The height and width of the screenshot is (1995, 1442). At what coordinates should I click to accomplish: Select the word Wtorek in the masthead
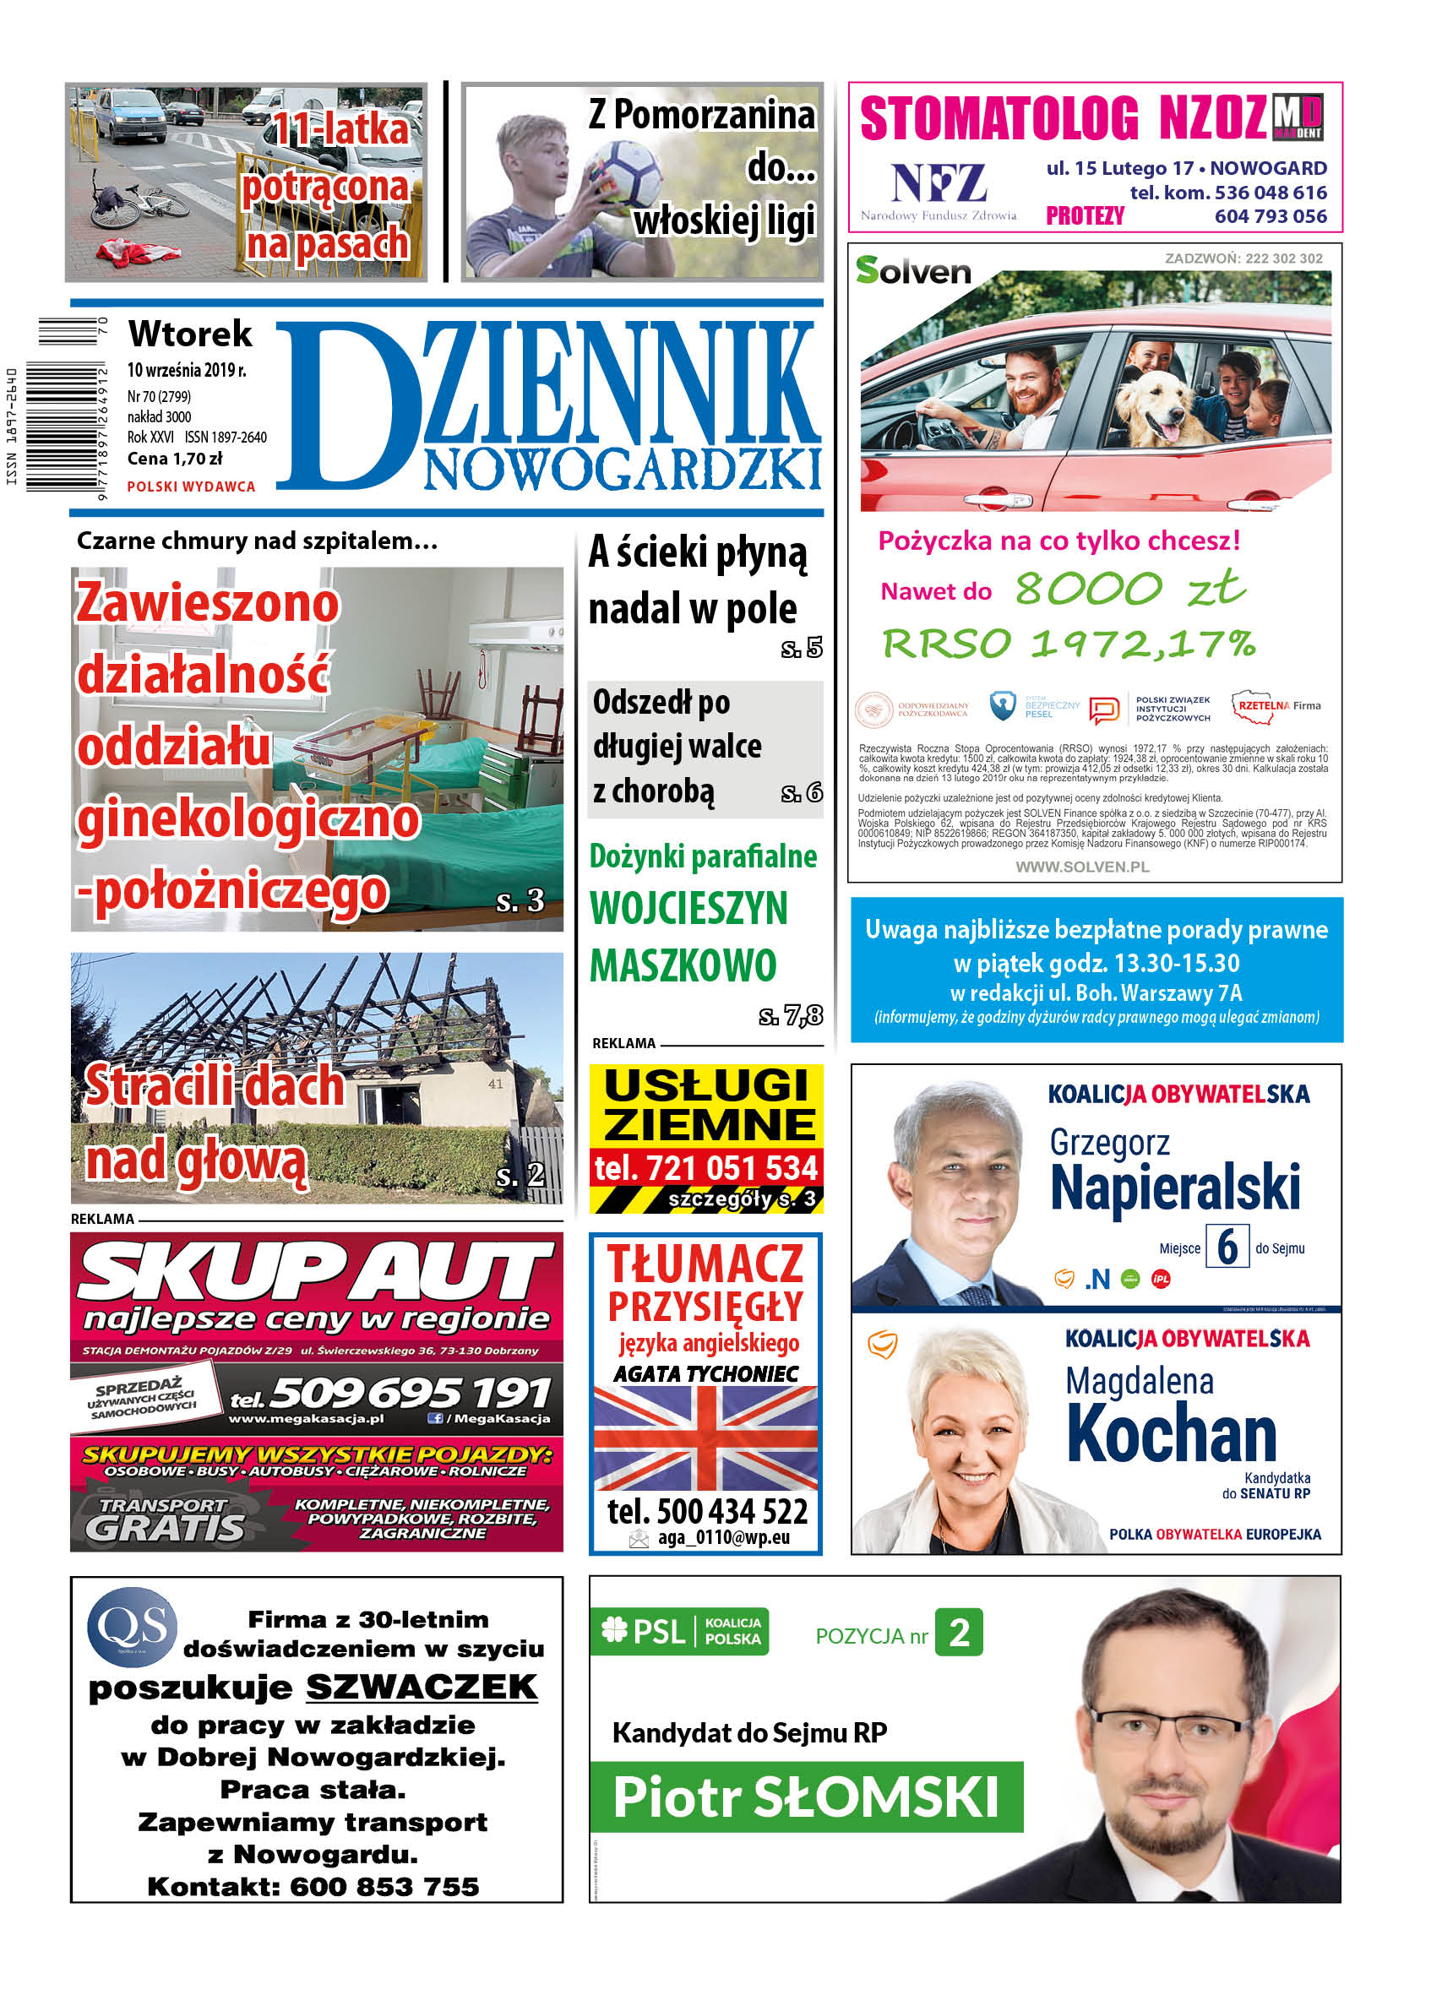point(190,334)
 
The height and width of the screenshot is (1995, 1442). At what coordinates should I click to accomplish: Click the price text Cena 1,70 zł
point(174,459)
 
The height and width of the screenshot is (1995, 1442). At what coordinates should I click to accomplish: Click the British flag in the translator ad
point(705,1438)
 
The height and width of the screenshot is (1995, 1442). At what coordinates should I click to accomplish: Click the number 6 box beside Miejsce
point(1227,1247)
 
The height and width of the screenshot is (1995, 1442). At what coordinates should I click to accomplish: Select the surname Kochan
point(1171,1433)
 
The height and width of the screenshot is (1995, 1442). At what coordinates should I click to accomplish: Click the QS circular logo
point(132,1627)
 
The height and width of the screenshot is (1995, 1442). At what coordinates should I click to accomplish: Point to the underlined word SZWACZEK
point(422,1687)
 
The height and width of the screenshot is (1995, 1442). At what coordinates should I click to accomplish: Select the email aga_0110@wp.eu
point(722,1537)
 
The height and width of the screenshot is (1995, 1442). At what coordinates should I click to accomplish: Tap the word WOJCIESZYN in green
point(688,909)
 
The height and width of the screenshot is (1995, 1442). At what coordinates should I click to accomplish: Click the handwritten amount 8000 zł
point(1130,588)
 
